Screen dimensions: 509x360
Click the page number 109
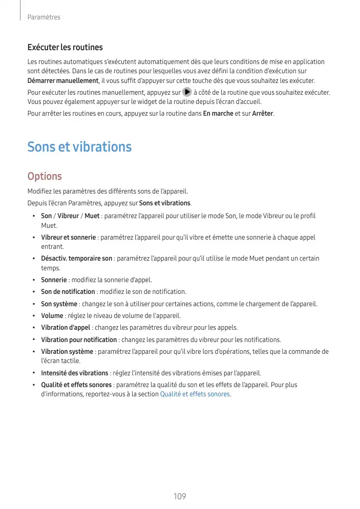click(x=180, y=497)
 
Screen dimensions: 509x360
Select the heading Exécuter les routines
click(x=65, y=48)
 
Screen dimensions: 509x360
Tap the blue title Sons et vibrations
click(x=79, y=147)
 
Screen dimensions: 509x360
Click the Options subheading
click(x=45, y=176)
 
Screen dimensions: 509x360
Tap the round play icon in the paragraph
click(x=187, y=93)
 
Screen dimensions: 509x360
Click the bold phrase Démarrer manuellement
click(x=62, y=81)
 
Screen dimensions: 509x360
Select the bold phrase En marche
click(x=218, y=113)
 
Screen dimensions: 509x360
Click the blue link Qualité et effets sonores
click(x=195, y=394)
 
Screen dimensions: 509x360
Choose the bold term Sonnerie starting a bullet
click(x=54, y=280)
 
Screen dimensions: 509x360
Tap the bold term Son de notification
click(x=68, y=291)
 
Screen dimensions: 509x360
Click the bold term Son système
click(x=59, y=304)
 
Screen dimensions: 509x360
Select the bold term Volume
click(x=52, y=315)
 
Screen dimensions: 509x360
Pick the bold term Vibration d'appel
click(x=65, y=327)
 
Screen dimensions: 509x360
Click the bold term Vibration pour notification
click(x=79, y=340)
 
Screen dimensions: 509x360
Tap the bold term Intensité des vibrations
click(x=74, y=373)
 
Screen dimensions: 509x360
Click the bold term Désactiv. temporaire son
click(x=77, y=259)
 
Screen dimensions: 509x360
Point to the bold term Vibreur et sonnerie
click(x=69, y=238)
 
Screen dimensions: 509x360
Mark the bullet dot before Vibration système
click(x=33, y=352)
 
